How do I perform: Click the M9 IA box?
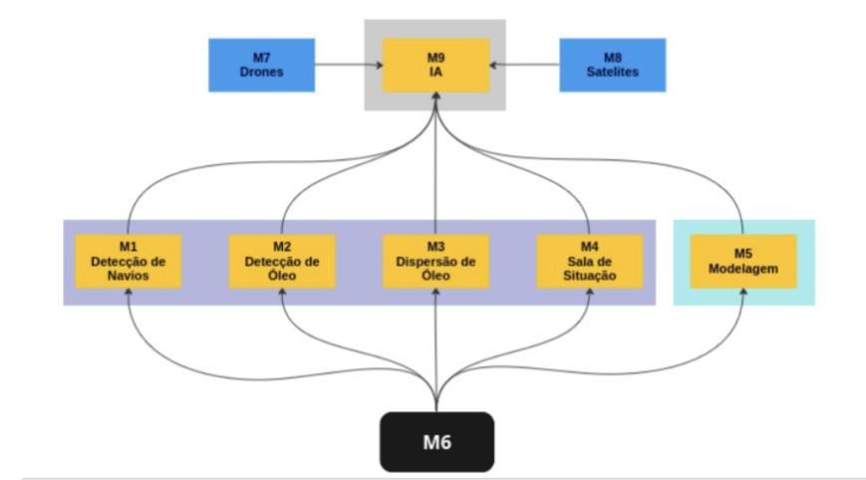coord(436,65)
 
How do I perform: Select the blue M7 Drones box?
coord(261,65)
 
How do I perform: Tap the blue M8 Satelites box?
coord(612,65)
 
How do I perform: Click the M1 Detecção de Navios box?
coord(128,262)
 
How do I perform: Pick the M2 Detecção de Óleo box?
coord(282,262)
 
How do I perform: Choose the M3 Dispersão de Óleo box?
coord(436,262)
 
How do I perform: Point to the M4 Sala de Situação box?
coord(589,262)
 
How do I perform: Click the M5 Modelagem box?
coord(743,262)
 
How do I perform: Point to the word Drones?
coord(261,72)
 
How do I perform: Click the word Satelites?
coord(612,72)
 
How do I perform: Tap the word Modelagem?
coord(743,269)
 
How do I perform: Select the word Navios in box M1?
coord(128,276)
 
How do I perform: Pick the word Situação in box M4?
coord(589,276)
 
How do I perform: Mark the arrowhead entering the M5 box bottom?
coord(743,295)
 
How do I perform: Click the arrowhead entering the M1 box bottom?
coord(128,295)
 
